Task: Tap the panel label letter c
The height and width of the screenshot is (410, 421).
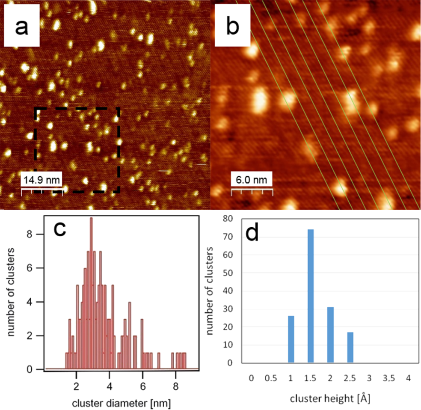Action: click(61, 230)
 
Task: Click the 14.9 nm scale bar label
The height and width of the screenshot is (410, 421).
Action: click(42, 180)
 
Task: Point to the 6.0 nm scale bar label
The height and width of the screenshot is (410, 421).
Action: click(252, 180)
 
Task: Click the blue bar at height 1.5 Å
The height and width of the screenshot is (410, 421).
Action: click(310, 296)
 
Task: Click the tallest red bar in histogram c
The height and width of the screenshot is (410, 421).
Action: click(91, 293)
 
